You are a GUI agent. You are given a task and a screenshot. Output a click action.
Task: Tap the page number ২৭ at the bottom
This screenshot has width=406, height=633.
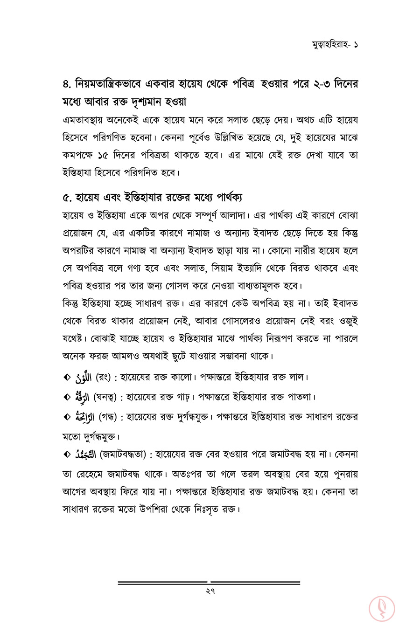[x=209, y=592]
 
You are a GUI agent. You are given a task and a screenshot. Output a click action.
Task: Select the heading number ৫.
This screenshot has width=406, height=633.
[x=66, y=197]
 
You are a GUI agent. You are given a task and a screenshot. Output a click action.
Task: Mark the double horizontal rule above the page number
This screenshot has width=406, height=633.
[x=209, y=582]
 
